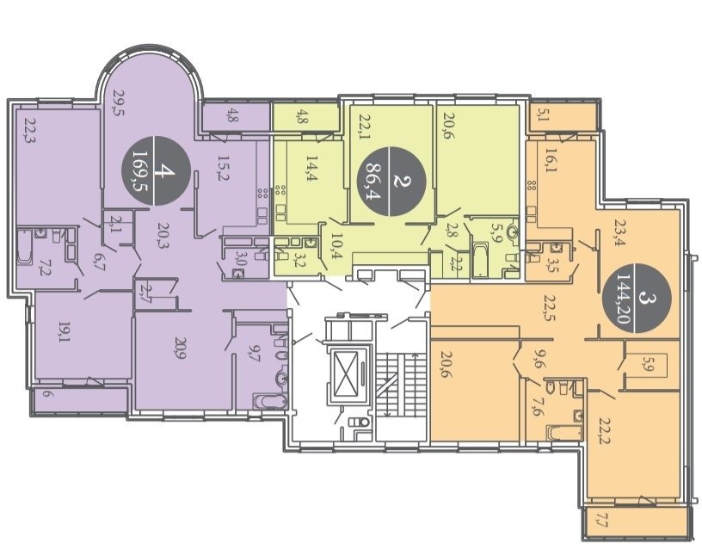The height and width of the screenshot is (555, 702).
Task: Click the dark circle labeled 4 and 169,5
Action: [157, 170]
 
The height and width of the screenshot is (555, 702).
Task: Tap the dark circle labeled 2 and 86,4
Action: [391, 181]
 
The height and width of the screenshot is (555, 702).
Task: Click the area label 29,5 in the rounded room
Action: [118, 102]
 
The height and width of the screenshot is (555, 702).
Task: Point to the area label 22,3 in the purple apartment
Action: [30, 130]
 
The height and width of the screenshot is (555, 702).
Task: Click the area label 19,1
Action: [63, 332]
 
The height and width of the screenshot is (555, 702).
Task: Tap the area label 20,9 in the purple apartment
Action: [181, 348]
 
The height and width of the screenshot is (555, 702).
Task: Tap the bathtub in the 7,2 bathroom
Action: [25, 246]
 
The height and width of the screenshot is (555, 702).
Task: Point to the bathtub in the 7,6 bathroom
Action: [564, 432]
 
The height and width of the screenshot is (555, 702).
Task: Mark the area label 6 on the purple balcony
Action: [47, 395]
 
